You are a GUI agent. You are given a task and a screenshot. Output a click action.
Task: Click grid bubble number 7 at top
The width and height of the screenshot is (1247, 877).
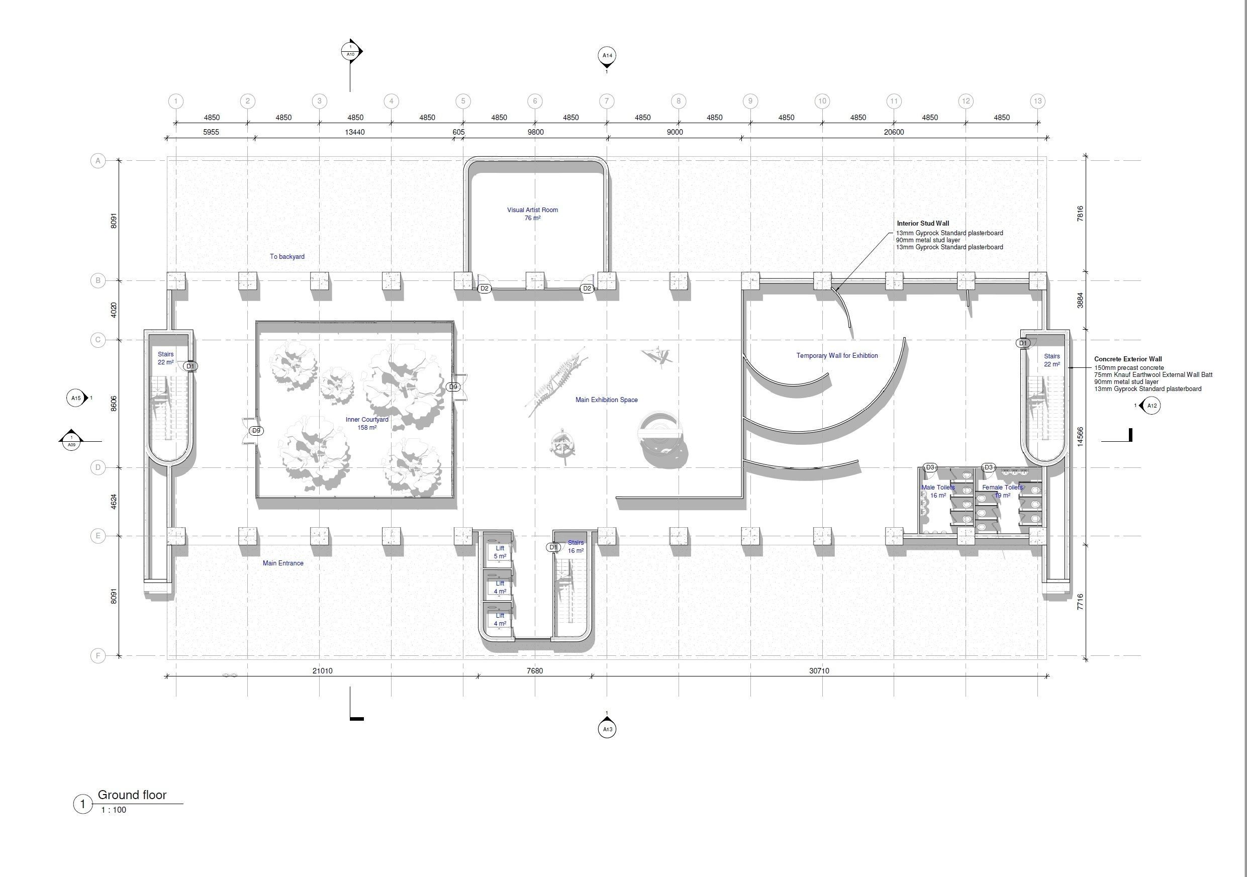point(607,101)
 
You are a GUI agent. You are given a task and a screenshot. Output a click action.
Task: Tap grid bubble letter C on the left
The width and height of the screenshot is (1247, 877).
point(98,340)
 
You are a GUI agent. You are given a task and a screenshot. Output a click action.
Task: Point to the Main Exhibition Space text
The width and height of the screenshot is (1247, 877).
point(606,400)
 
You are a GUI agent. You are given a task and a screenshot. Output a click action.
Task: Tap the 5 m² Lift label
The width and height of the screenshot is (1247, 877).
point(500,552)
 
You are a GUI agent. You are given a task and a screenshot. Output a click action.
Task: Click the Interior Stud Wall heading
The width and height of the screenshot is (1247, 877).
point(923,223)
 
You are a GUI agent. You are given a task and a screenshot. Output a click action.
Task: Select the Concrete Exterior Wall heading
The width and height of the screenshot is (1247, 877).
point(1127,359)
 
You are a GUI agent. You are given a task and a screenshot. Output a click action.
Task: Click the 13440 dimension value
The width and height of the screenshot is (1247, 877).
point(355,132)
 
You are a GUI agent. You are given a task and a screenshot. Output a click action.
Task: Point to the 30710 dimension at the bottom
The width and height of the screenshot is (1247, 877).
point(819,670)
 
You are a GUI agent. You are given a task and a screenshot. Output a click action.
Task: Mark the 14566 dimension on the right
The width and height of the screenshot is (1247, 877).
point(1080,437)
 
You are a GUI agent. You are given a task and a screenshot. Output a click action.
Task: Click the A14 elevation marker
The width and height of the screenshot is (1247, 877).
point(607,55)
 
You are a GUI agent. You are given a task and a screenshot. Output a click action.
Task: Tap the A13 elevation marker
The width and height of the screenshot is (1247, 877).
point(607,729)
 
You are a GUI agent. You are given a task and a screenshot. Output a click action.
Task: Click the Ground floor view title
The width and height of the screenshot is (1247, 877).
point(132,795)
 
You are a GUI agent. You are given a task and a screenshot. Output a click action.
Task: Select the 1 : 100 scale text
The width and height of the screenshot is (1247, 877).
point(114,810)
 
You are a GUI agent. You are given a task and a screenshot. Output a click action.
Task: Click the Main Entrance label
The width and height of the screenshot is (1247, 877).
point(283,563)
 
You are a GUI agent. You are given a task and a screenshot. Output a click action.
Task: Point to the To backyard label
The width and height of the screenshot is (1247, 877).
point(287,256)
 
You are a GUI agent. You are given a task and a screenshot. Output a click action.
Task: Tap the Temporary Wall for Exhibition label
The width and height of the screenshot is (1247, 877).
point(837,356)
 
